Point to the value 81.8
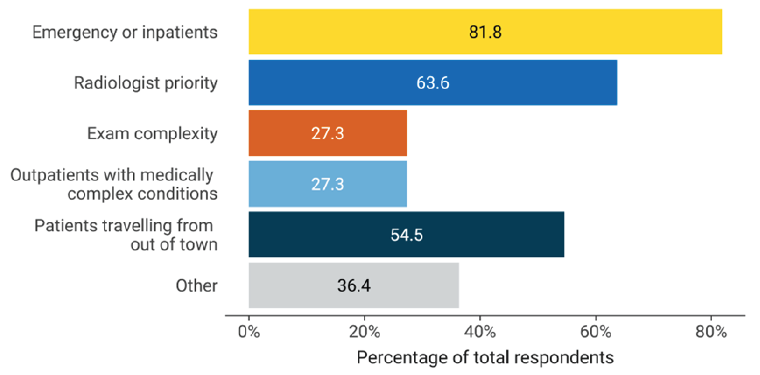pyautogui.click(x=485, y=32)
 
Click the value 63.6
pyautogui.click(x=433, y=83)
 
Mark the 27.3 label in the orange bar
pyautogui.click(x=327, y=133)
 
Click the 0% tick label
pyautogui.click(x=249, y=332)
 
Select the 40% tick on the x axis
pyautogui.click(x=480, y=332)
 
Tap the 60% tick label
pyautogui.click(x=596, y=332)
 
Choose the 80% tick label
pyautogui.click(x=711, y=332)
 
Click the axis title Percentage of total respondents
pyautogui.click(x=485, y=358)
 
